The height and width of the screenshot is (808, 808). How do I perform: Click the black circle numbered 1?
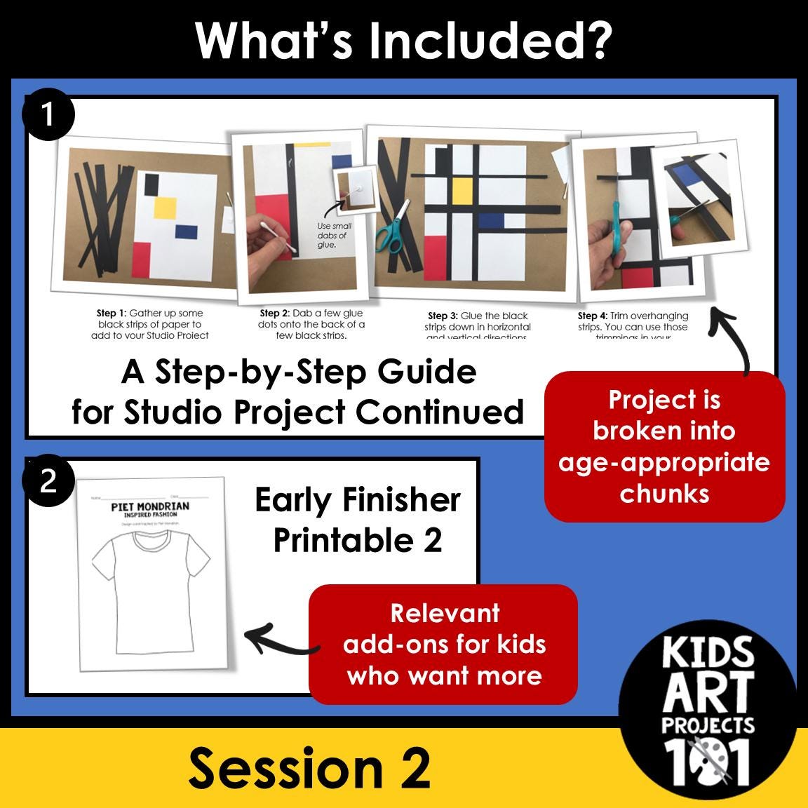tap(48, 114)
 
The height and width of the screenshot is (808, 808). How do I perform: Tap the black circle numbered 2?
tap(48, 481)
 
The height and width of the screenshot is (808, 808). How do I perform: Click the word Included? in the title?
tap(490, 41)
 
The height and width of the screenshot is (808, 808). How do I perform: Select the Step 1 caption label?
tap(111, 314)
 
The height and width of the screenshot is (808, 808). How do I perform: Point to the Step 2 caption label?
tap(274, 314)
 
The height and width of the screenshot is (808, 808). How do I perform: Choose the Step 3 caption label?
tap(443, 316)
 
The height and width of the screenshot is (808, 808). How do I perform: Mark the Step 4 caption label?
tap(592, 316)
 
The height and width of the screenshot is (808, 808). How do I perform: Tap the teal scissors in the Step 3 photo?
tap(391, 226)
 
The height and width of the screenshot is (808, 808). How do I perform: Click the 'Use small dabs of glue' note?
tap(334, 236)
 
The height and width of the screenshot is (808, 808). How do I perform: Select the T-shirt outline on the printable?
tap(151, 589)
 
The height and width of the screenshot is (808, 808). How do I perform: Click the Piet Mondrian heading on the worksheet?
tap(150, 506)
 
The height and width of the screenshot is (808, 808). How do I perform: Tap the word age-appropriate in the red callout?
tap(664, 463)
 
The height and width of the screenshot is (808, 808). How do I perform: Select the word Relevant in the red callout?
tap(445, 613)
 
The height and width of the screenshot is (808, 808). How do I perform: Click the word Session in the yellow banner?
tap(285, 768)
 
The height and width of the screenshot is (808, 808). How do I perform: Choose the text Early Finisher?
tap(358, 500)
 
